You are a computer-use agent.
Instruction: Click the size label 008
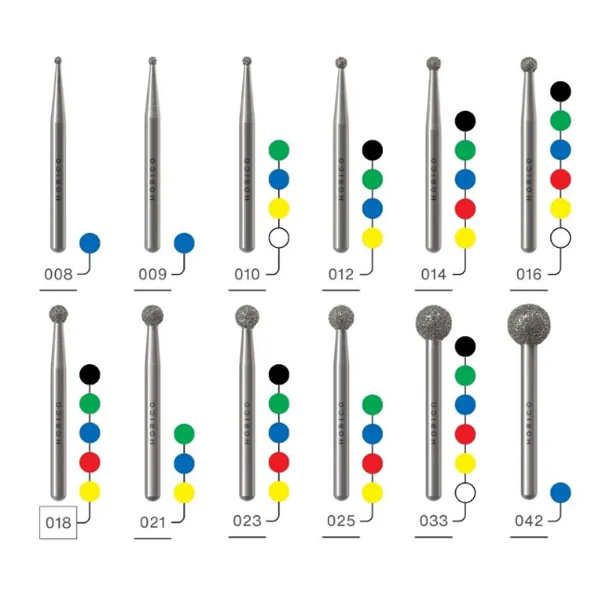(x=58, y=274)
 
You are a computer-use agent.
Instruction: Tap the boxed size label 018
(x=58, y=522)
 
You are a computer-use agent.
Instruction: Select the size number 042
(x=529, y=521)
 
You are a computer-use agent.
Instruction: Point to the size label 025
(x=341, y=521)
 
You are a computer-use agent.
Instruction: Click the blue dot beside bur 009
(x=184, y=243)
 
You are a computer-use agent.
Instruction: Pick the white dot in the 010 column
(x=279, y=238)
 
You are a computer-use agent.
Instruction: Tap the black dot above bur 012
(x=372, y=150)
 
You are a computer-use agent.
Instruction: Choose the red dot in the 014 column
(x=466, y=209)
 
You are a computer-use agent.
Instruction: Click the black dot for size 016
(x=561, y=91)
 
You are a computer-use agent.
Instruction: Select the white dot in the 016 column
(x=561, y=238)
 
